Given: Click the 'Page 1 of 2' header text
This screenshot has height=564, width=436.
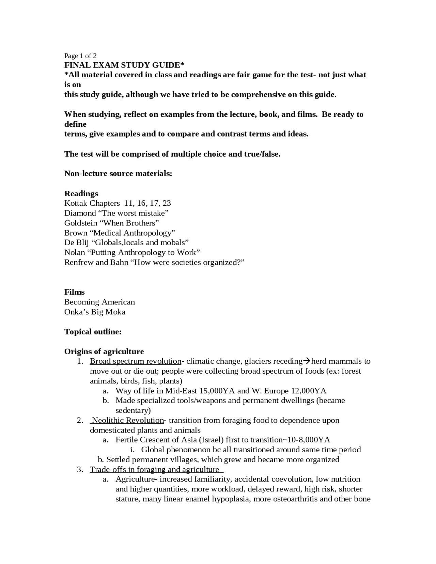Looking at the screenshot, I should click(x=80, y=56).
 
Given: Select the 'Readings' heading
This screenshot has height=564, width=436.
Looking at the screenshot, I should click(x=81, y=193).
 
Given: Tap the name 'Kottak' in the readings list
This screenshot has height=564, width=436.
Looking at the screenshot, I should click(x=76, y=203).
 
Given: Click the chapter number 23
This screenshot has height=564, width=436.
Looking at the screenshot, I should click(x=167, y=203).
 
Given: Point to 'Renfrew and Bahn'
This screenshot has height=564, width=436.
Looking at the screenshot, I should click(x=96, y=262).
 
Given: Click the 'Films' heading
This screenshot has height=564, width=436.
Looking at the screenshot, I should click(x=74, y=292).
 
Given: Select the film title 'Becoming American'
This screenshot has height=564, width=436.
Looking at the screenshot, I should click(x=99, y=302).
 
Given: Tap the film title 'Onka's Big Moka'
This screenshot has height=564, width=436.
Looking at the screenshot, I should click(x=95, y=312).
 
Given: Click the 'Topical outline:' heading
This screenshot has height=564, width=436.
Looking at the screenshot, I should click(x=93, y=332).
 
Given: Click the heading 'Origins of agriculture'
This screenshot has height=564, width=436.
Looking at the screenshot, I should click(x=104, y=351).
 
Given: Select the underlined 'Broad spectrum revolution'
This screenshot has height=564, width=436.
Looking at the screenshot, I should click(x=135, y=361).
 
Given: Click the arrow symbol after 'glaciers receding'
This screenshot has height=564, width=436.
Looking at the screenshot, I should click(x=307, y=361).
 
